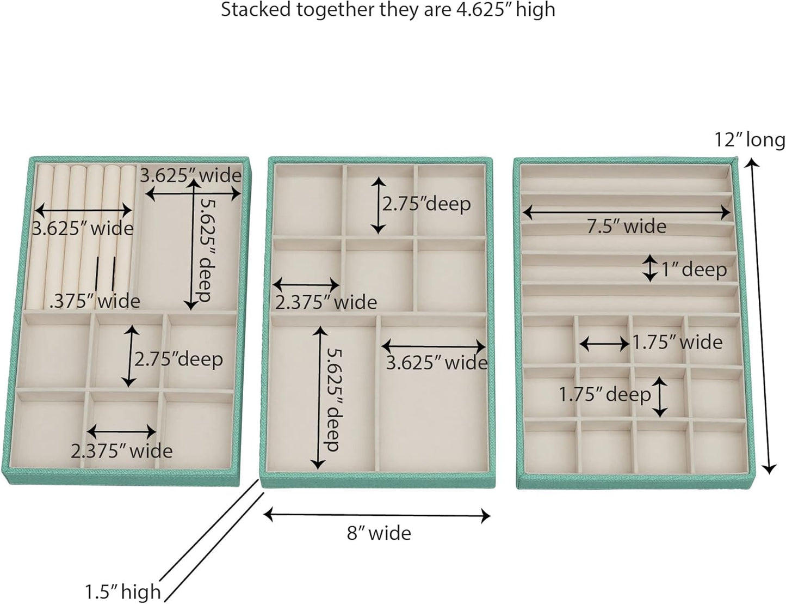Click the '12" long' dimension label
(x=750, y=140)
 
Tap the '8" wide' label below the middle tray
(x=379, y=533)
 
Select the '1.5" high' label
(x=123, y=591)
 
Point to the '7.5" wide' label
(x=627, y=226)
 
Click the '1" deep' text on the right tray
(x=694, y=269)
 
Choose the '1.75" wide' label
(x=677, y=342)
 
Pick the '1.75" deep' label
(x=605, y=394)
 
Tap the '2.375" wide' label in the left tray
(x=122, y=451)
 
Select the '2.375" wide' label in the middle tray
(x=326, y=302)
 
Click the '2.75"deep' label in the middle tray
(x=426, y=204)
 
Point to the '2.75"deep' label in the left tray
(x=178, y=359)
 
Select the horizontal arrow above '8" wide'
(x=377, y=515)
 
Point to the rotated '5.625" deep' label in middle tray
(x=331, y=399)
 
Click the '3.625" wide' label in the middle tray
(x=436, y=363)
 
